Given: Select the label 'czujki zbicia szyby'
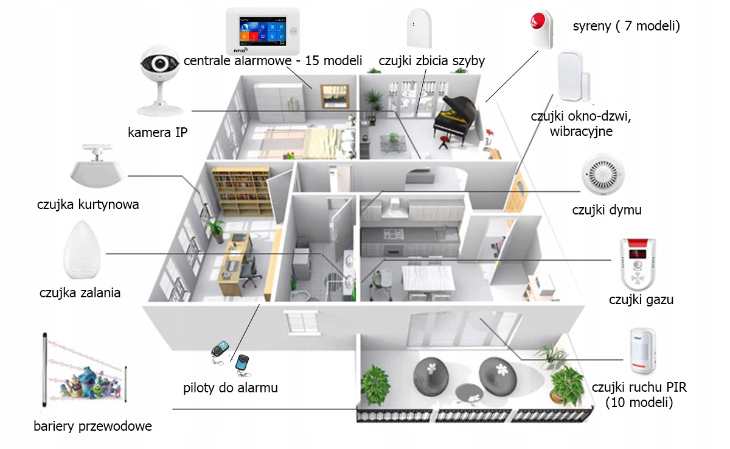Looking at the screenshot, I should pos(431,61).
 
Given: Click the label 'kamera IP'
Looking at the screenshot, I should pos(158,132).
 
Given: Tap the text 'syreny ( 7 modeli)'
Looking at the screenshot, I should pos(626,26).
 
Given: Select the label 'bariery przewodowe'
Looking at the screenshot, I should pos(92,426).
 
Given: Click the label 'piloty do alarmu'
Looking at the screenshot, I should pos(231,387).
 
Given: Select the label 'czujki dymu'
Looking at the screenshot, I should pos(607,210).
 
